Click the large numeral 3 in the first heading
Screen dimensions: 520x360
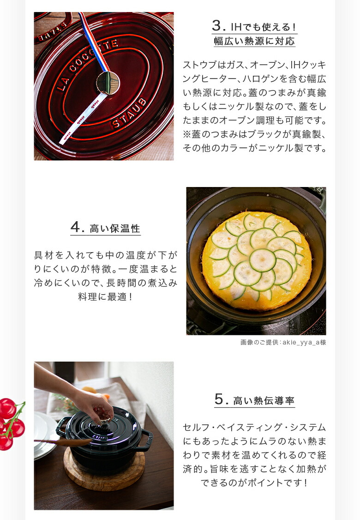217,26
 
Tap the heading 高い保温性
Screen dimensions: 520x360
115,228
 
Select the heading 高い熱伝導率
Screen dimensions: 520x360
264,400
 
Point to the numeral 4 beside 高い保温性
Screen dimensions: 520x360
76,227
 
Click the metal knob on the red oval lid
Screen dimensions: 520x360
108,83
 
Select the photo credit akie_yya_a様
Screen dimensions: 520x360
283,342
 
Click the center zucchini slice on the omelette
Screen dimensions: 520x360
262,260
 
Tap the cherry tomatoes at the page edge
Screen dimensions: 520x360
10,423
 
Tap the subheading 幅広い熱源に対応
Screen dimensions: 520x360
254,41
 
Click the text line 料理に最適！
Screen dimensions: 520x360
105,296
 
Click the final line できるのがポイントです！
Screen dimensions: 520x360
254,483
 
